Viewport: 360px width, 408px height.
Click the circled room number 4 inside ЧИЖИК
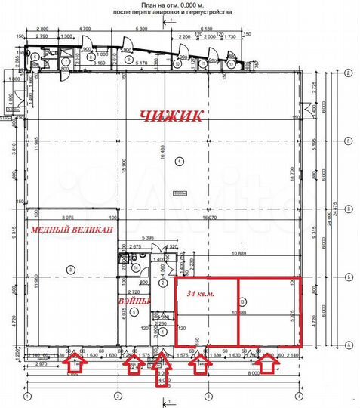[x=179, y=161]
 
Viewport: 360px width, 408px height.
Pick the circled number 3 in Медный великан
[x=69, y=269]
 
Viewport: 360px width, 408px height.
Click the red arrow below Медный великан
[x=75, y=366]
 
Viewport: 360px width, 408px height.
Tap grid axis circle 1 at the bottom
[x=27, y=396]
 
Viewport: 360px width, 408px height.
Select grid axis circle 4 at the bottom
[x=300, y=396]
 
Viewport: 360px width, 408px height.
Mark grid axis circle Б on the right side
[x=347, y=277]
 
